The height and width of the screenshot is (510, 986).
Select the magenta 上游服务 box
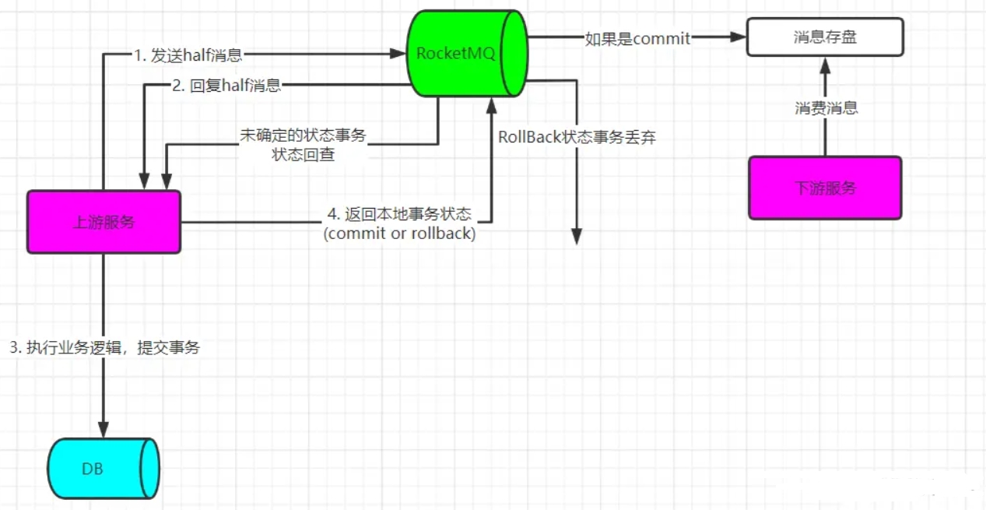[x=104, y=222]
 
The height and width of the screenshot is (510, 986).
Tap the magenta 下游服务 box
[x=825, y=188]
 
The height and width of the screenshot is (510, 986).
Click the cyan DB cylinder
[x=103, y=469]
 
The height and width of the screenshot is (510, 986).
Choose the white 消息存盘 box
[x=825, y=37]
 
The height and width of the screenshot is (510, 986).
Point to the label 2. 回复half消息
[x=226, y=86]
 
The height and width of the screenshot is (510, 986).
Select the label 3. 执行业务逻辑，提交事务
[x=104, y=348]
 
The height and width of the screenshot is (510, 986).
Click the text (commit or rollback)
[x=399, y=233]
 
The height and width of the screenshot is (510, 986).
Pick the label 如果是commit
[x=637, y=38]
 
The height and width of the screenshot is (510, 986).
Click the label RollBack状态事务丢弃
[x=577, y=138]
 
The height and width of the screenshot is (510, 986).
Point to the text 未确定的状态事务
[x=303, y=135]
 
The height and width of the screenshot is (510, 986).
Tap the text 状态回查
[x=303, y=154]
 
